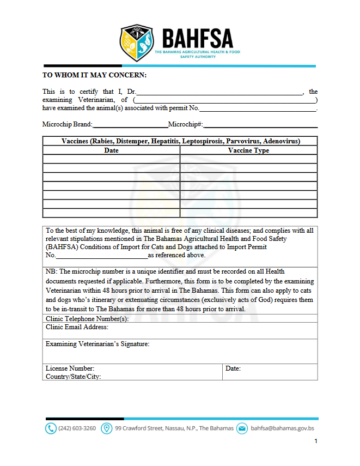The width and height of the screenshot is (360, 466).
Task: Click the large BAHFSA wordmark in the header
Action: (x=197, y=38)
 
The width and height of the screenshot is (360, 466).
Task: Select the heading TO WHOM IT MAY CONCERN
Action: (x=94, y=75)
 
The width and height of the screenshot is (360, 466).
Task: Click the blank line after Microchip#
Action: (x=260, y=125)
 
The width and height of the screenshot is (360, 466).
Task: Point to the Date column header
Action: (x=111, y=150)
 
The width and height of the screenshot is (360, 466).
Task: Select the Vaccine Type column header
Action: (x=248, y=150)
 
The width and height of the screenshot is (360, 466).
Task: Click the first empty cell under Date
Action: (x=111, y=159)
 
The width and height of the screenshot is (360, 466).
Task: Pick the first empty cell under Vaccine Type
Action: (x=248, y=159)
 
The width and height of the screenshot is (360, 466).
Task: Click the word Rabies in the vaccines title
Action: (x=104, y=141)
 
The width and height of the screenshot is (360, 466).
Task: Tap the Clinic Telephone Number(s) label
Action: (x=87, y=319)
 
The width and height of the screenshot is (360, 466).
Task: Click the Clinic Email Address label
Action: (x=77, y=327)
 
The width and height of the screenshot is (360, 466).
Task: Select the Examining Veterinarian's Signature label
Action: (x=97, y=344)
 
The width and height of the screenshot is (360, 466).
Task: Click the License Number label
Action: (x=70, y=368)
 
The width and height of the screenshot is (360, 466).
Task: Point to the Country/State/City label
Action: (x=73, y=377)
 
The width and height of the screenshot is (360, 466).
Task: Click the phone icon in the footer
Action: (x=50, y=428)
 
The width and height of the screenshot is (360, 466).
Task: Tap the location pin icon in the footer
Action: (x=107, y=428)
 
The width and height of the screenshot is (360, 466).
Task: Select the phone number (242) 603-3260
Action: (x=77, y=428)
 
